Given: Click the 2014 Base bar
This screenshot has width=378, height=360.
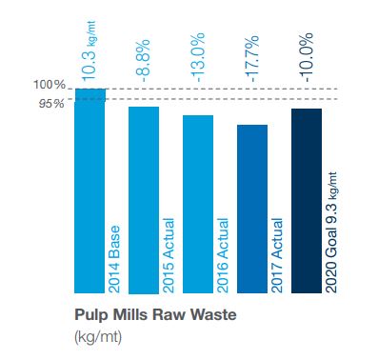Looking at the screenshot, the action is (90, 190).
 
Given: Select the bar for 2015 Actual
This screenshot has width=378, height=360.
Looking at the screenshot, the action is (144, 200).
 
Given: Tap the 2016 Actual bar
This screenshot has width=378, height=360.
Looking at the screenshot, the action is (198, 204).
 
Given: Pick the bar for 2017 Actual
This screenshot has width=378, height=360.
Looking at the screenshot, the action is (252, 209).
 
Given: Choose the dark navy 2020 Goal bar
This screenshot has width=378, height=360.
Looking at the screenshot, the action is (307, 201).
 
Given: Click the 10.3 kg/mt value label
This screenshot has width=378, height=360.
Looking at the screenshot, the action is (89, 50).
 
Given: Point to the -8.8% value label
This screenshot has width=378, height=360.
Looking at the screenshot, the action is (142, 61).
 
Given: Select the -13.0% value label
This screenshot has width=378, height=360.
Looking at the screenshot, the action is (196, 57).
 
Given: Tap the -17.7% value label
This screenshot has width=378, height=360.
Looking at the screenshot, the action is (250, 58).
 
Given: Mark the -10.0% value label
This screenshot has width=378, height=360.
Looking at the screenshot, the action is (306, 57).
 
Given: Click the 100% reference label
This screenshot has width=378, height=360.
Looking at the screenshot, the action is (50, 85).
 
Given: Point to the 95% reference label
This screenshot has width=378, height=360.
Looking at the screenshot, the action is (51, 104).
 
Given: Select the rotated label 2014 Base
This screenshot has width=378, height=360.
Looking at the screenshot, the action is (114, 259).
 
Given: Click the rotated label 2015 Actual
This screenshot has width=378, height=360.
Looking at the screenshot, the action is (169, 255).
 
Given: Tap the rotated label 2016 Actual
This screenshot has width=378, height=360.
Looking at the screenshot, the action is (223, 255).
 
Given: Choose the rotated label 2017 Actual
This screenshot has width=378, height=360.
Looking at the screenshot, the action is (277, 255).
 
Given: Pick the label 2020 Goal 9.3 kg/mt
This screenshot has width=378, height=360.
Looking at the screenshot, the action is (331, 232).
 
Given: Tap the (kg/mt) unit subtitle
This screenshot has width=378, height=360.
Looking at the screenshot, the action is (98, 337).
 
